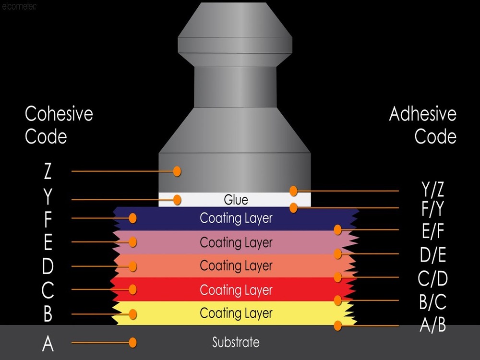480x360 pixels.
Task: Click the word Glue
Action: pos(236,199)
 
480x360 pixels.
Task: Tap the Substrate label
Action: pos(236,342)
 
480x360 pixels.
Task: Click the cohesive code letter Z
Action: pos(48,171)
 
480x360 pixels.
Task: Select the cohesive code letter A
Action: pos(48,344)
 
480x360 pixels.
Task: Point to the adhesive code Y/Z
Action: pos(432,190)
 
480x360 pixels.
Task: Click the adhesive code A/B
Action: pos(432,325)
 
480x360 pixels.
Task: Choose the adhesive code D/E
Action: pos(433,255)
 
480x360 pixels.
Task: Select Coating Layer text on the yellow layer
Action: pos(236,313)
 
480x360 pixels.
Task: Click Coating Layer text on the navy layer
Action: pos(236,218)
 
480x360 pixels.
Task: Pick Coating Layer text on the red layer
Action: pos(236,290)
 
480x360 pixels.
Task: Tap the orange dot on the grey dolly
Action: pos(177,171)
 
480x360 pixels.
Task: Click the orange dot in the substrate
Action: pos(133,342)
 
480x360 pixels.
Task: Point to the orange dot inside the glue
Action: pos(177,199)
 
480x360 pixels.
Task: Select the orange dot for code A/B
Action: pos(338,325)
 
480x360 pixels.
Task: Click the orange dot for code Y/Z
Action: pos(293,191)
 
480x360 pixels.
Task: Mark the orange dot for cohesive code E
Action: pos(133,242)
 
